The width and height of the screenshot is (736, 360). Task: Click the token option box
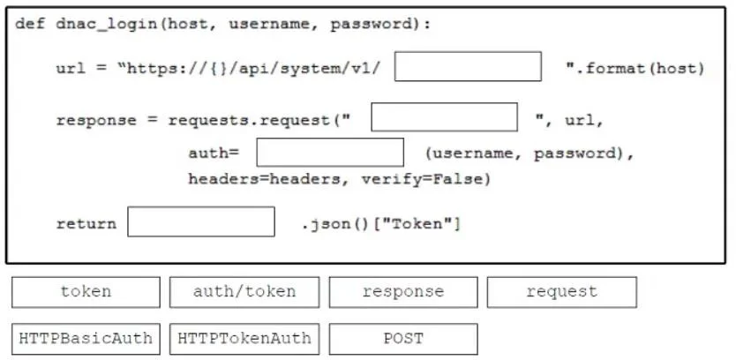(86, 292)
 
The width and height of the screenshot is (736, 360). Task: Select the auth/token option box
(244, 292)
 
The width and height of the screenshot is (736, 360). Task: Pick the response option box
(403, 292)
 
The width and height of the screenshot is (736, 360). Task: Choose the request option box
(562, 292)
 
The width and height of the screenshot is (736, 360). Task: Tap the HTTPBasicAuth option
(86, 339)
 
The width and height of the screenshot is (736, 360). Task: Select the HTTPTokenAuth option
(244, 339)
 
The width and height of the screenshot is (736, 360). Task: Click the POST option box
(403, 339)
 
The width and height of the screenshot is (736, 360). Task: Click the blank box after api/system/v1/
(468, 67)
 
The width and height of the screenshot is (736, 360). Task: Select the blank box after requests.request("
(445, 117)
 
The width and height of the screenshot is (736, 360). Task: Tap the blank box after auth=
(330, 152)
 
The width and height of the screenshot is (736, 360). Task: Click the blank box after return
(201, 221)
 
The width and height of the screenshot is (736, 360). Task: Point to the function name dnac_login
(107, 24)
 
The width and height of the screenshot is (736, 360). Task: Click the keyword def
(31, 24)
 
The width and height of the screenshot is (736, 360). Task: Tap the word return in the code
(86, 223)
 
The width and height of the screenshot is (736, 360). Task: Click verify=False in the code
(425, 179)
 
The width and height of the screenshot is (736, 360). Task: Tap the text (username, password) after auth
(525, 154)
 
